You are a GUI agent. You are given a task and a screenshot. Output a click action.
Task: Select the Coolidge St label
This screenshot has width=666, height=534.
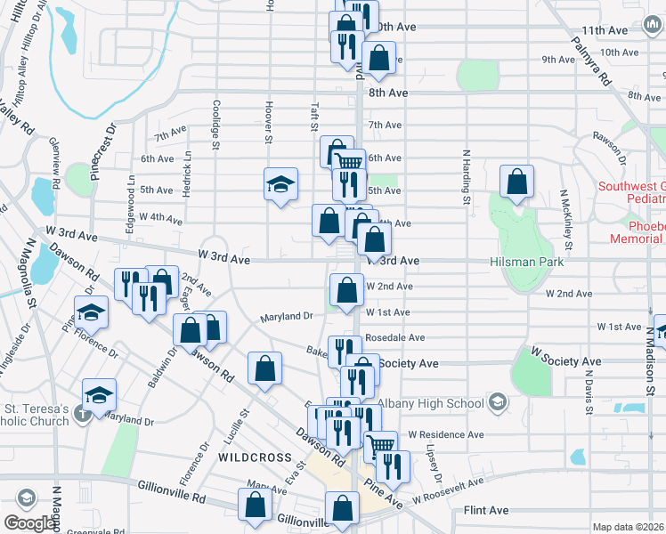coord(215,118)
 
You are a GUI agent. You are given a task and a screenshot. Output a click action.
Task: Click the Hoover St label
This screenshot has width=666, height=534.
coord(267,118)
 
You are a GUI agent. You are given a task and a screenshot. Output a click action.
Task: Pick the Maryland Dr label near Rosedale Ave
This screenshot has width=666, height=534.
coord(286,317)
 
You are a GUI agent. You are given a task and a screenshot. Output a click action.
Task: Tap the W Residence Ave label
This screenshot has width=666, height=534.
coord(445,435)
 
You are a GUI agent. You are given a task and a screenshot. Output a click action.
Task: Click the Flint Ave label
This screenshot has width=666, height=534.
coord(486,511)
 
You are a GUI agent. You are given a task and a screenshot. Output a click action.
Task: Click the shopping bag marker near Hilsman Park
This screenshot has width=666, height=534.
coord(516,182)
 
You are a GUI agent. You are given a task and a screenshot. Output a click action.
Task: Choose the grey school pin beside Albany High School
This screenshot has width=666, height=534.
coord(497,403)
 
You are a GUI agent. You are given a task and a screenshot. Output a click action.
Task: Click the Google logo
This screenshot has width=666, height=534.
coord(29,523)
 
